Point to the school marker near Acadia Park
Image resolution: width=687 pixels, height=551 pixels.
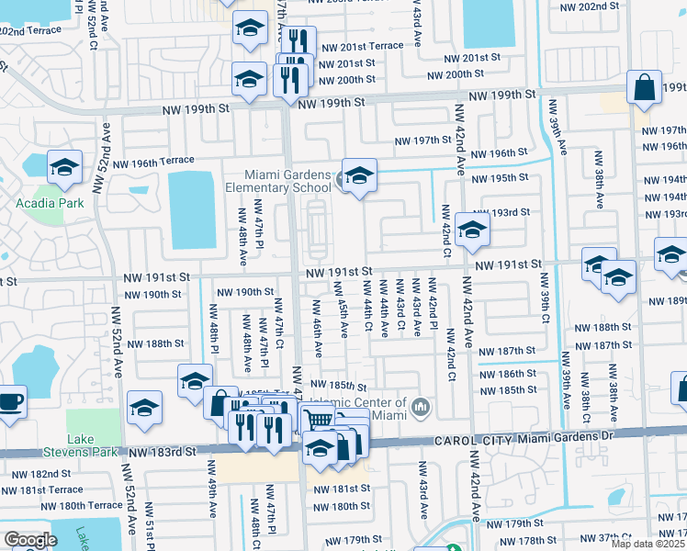[x=64, y=167]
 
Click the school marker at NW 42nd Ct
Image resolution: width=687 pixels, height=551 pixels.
[x=472, y=230]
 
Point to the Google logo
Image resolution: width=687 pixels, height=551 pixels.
[x=30, y=540]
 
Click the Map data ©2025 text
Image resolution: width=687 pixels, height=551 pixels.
[x=648, y=544]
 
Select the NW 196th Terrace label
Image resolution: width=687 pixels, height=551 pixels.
[x=151, y=162]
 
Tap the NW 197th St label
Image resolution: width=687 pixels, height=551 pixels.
[x=424, y=141]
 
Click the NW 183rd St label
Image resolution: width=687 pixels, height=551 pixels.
[x=163, y=453]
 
